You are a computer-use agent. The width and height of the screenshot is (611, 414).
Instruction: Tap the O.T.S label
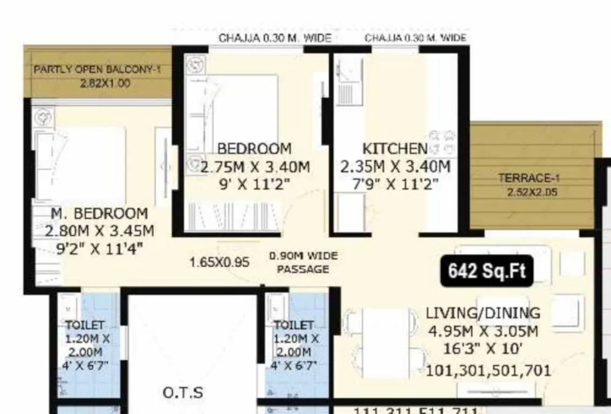[183, 392]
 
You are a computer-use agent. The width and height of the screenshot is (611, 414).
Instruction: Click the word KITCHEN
[395, 149]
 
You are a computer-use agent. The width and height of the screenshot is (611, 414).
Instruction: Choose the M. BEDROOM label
[99, 213]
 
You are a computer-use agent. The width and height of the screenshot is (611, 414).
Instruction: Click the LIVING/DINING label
[483, 313]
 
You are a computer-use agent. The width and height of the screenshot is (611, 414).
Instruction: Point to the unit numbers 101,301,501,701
[489, 371]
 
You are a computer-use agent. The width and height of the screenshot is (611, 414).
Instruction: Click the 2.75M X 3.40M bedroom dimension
[255, 167]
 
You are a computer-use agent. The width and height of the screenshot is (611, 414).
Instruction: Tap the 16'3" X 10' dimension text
[483, 349]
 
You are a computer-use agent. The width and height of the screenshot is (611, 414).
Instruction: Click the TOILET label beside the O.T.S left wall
[84, 325]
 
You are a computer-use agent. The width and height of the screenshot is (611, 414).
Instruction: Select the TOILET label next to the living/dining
[294, 325]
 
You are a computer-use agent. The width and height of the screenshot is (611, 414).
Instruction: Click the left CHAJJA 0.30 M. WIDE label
[274, 38]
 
